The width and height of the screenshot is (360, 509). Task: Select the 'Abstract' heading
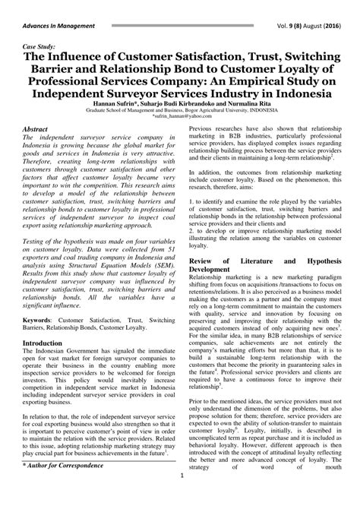click(40, 131)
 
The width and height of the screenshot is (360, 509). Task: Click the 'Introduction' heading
click(47, 343)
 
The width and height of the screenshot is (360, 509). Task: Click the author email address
click(180, 117)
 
